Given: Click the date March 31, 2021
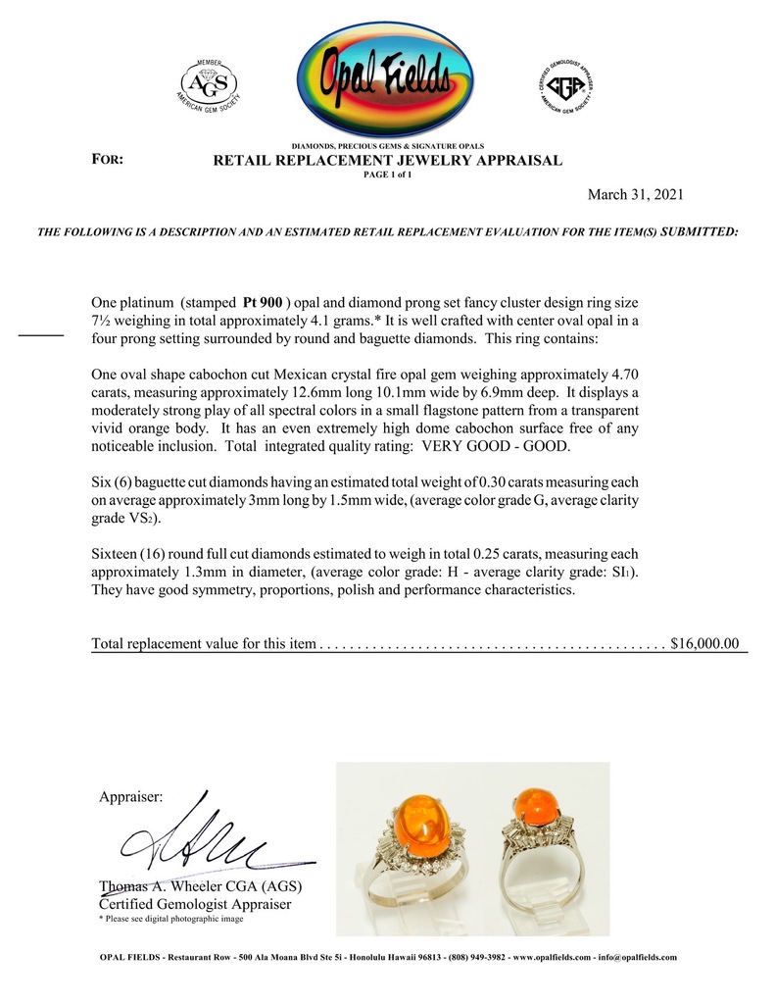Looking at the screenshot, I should (x=635, y=194).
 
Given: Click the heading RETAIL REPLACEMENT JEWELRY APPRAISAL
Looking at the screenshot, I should (x=387, y=160).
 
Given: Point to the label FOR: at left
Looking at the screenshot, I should (x=107, y=159).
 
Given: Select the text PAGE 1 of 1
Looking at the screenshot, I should (x=387, y=175).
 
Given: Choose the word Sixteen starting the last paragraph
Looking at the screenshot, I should (x=118, y=555).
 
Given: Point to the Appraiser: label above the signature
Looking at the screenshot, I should (x=132, y=797).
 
